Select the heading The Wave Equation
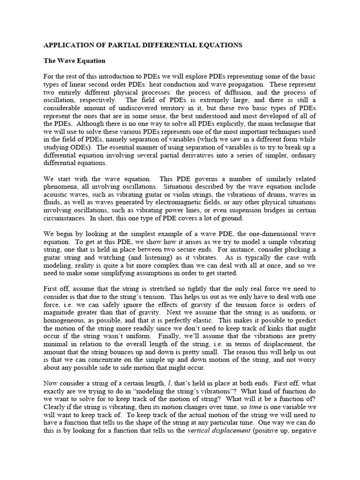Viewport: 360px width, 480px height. pos(75,61)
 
